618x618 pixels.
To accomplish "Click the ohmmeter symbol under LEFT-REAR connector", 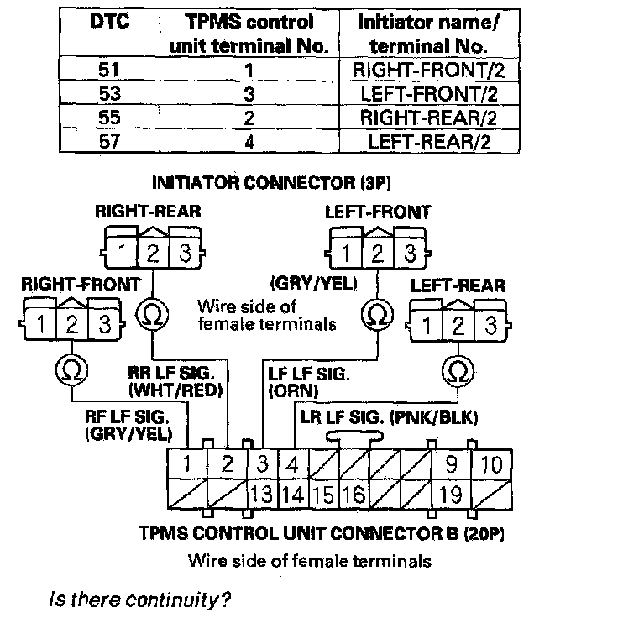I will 458,370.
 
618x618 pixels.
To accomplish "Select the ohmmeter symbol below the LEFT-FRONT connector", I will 375,316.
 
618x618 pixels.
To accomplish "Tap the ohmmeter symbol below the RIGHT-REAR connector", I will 152,316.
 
